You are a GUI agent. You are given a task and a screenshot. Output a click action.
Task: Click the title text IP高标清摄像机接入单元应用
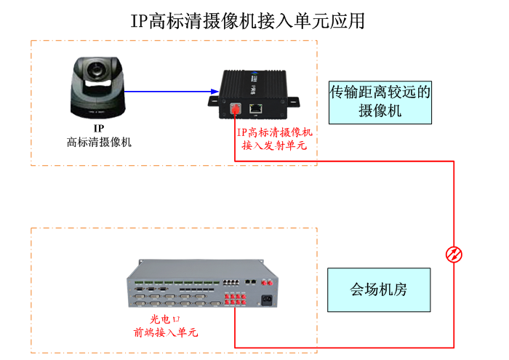pos(248,20)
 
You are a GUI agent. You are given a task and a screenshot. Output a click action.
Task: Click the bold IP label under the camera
pos(99,129)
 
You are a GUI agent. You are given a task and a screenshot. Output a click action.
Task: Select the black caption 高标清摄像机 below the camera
pos(99,142)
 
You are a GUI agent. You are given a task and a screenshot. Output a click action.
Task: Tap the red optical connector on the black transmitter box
pos(236,110)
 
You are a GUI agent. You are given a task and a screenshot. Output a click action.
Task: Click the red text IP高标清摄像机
pos(274,132)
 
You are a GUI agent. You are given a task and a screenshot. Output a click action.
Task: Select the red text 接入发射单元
pos(274,145)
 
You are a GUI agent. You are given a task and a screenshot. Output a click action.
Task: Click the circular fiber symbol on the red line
pos(454,254)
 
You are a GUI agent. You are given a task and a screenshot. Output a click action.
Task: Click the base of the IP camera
pos(98,108)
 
